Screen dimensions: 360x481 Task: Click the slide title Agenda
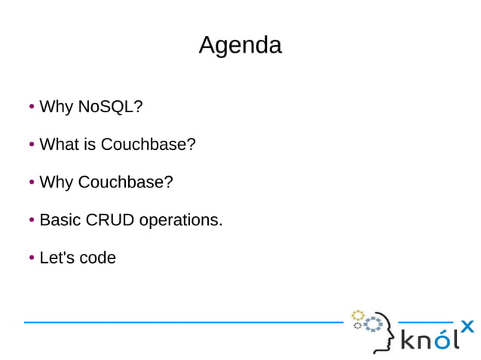tap(240, 45)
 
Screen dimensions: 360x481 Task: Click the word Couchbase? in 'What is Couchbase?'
tap(149, 145)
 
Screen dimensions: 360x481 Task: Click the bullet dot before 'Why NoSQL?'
tap(32, 107)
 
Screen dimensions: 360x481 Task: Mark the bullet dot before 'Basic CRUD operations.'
tap(32, 220)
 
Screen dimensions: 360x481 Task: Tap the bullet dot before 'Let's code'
tap(32, 258)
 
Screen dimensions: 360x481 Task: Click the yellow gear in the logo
tap(358, 315)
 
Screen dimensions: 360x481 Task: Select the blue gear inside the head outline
tap(373, 325)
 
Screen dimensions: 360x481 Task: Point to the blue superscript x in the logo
tap(467, 326)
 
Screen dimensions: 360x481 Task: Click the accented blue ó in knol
tap(445, 340)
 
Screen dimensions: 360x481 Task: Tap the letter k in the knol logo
tap(408, 341)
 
